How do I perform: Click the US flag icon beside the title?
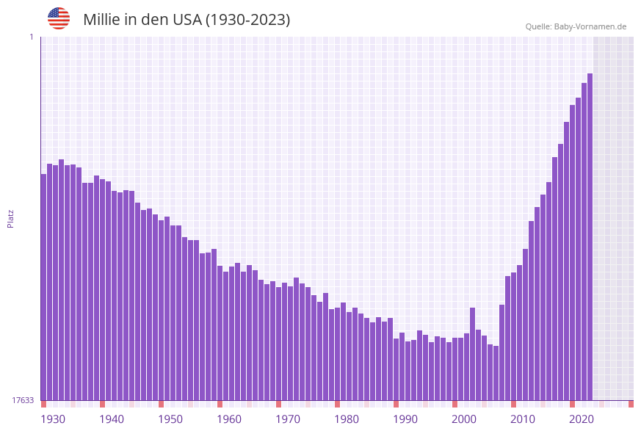[x=59, y=18]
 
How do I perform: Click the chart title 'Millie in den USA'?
[x=186, y=20]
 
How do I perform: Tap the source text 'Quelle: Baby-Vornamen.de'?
[x=576, y=26]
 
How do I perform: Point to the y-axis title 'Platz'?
[x=11, y=218]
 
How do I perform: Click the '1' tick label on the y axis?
[x=31, y=37]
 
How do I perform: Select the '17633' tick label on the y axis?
[x=22, y=400]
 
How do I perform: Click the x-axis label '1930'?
[x=53, y=419]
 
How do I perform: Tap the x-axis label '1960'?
[x=229, y=419]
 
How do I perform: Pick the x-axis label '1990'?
[x=405, y=419]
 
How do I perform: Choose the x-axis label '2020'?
[x=582, y=419]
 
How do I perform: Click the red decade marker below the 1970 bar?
[x=278, y=404]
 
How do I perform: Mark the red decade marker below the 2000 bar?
[x=455, y=404]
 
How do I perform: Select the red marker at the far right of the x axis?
[x=631, y=404]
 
